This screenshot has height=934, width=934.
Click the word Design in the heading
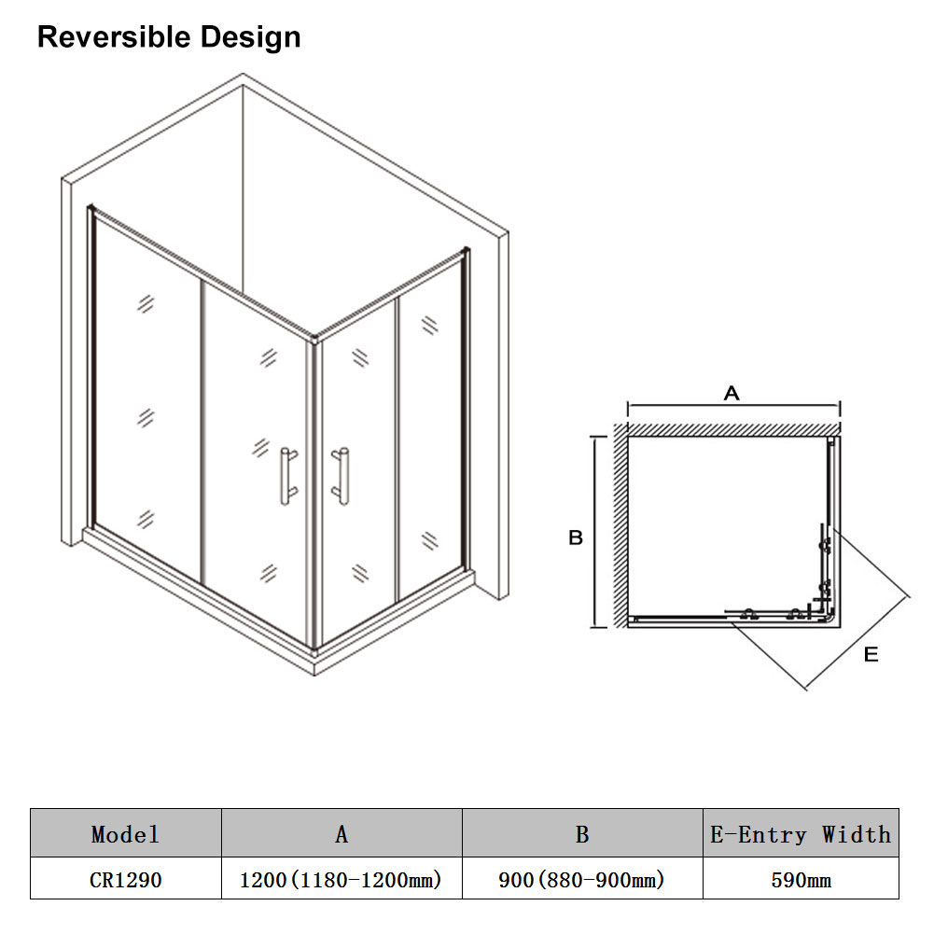coord(250,38)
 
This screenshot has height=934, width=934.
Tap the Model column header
coord(125,834)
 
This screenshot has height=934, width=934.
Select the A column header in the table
coord(342,834)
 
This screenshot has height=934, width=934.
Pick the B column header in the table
coord(582,834)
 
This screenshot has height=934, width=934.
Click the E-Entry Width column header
coord(801,834)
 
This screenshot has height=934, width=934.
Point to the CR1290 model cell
coord(125,880)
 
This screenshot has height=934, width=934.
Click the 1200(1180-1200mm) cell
coord(341,880)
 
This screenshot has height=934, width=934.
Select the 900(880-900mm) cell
coord(581,880)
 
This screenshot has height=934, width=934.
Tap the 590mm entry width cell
coord(801,880)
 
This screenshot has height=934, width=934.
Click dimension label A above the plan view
coord(732,393)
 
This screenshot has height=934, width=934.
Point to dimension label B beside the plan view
coord(576,537)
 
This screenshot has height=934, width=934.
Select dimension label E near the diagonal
coord(871,655)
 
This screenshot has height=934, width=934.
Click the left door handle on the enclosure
coord(288,477)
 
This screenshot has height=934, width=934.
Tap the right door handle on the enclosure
coord(341,477)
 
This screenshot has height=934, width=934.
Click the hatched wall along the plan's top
coord(728,429)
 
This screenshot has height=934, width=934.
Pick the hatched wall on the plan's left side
coord(620,525)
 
